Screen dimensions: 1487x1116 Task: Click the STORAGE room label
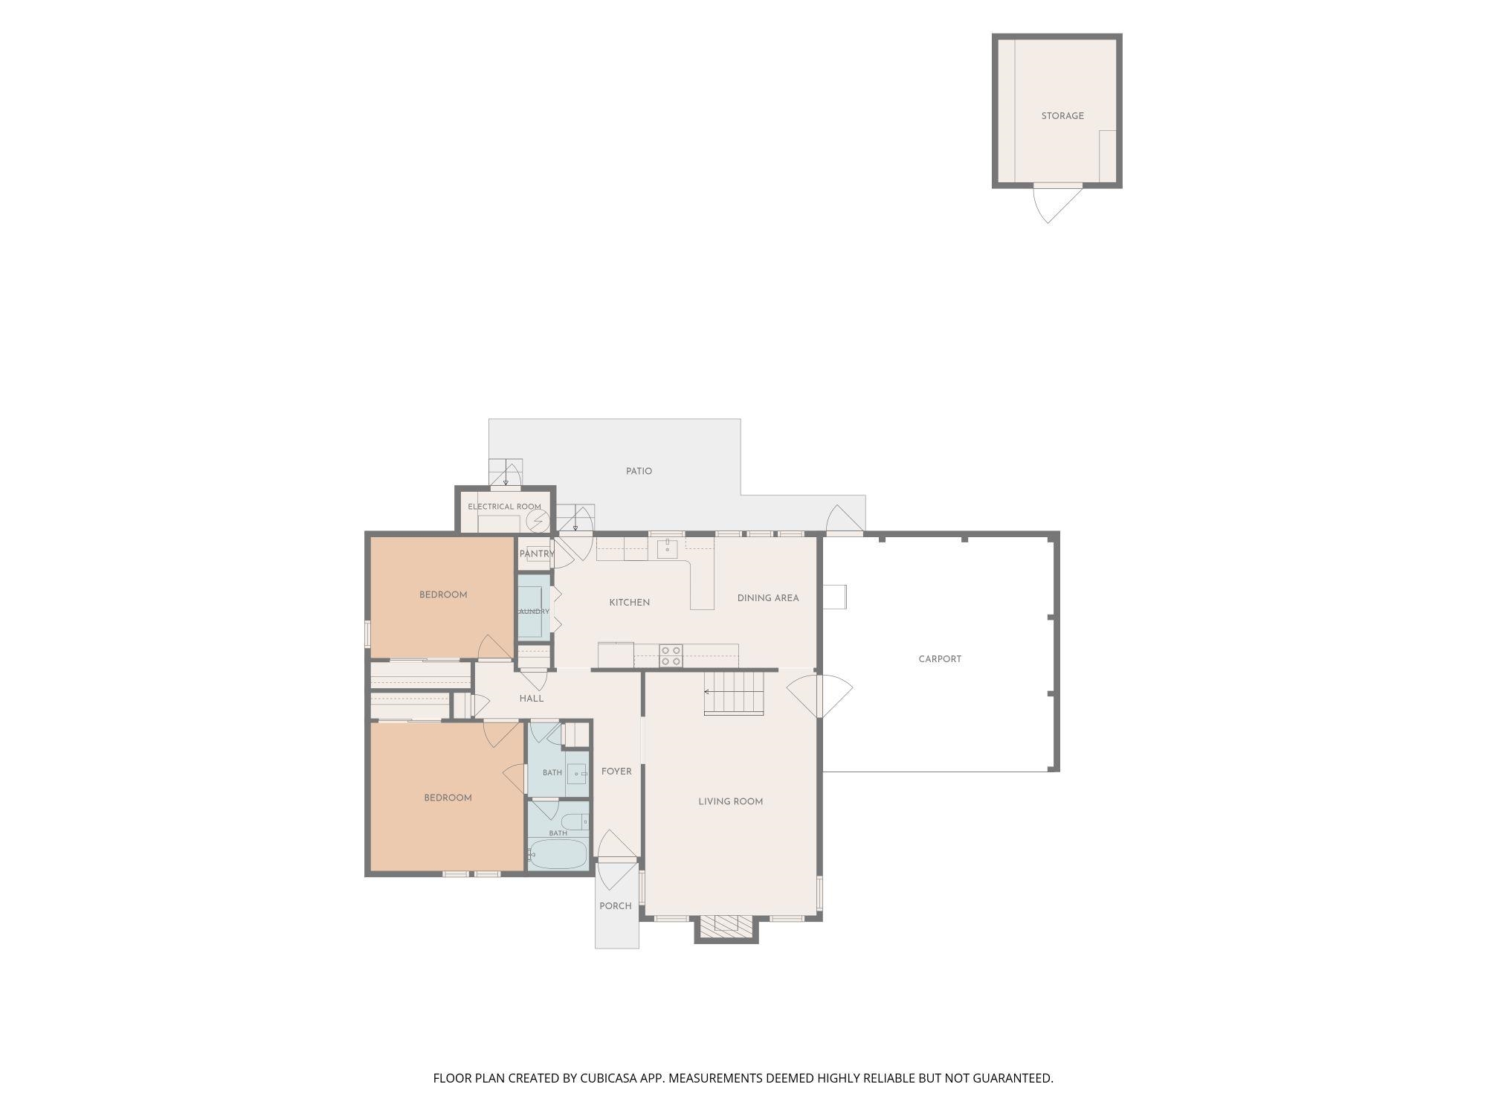point(1062,116)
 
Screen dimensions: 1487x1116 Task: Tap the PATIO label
point(639,471)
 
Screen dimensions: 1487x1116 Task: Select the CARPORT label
point(940,659)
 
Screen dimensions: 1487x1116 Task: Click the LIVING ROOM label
point(730,801)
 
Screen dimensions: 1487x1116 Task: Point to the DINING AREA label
point(768,598)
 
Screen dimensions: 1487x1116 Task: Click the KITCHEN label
point(630,603)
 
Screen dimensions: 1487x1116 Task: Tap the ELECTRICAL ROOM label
point(504,507)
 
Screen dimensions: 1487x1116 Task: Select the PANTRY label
point(537,554)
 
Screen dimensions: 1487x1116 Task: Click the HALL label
point(532,699)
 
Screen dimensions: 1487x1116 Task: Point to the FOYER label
point(616,772)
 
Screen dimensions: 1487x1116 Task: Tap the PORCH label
point(616,906)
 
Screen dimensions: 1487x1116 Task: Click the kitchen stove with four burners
point(671,656)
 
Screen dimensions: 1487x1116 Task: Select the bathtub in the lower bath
point(558,854)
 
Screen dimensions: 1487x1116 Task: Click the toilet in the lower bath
point(574,822)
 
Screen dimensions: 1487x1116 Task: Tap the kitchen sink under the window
point(667,550)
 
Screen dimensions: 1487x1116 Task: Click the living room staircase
point(734,693)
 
